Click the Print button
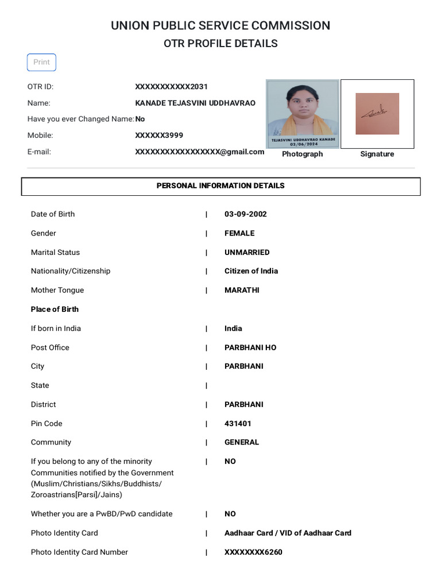[x=41, y=62]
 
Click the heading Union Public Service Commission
[x=220, y=26]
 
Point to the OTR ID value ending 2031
[x=171, y=87]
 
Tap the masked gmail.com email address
[x=199, y=152]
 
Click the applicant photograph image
[x=302, y=114]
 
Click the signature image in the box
[x=377, y=114]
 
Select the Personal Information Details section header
[x=220, y=186]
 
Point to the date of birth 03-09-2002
[x=245, y=214]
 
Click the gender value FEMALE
[x=239, y=233]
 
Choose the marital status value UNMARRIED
[x=247, y=253]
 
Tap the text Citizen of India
[x=251, y=271]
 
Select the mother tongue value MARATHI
[x=242, y=291]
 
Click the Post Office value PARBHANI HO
[x=250, y=348]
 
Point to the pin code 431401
[x=238, y=424]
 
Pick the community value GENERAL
[x=242, y=443]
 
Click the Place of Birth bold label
[x=55, y=310]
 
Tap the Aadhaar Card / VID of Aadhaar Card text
[x=288, y=533]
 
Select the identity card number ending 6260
[x=253, y=552]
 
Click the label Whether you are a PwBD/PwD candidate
[x=102, y=514]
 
